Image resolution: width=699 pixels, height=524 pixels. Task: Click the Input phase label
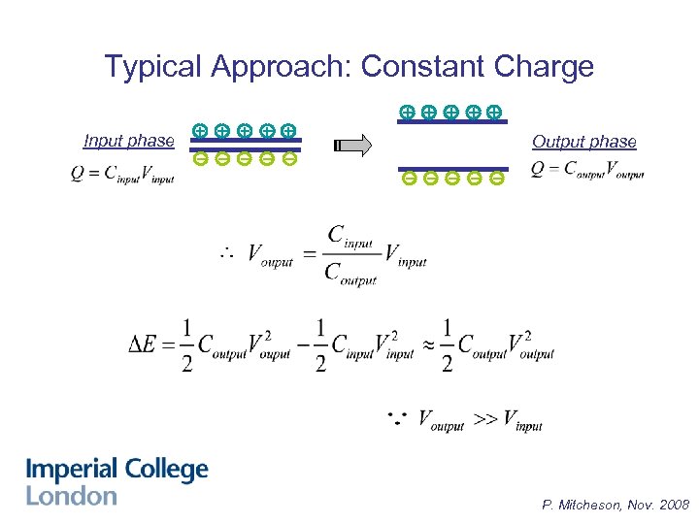tap(129, 141)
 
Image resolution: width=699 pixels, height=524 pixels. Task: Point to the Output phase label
tap(583, 142)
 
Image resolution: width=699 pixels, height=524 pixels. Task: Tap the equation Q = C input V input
tap(122, 175)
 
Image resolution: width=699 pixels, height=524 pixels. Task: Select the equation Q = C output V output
tap(587, 171)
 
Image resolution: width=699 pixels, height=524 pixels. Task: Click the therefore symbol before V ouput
tap(226, 253)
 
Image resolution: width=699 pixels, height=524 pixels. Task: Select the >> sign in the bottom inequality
tap(484, 419)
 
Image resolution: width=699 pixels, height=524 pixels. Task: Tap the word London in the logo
tap(71, 496)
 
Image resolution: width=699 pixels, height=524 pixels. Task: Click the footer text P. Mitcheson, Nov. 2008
tap(616, 505)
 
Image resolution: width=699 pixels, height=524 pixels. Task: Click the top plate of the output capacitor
tap(452, 122)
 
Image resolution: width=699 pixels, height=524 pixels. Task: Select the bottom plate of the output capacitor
tap(452, 168)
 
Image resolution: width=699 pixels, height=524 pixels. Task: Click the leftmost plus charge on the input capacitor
tap(199, 129)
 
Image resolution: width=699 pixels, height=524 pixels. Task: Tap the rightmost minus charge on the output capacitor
tap(496, 179)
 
